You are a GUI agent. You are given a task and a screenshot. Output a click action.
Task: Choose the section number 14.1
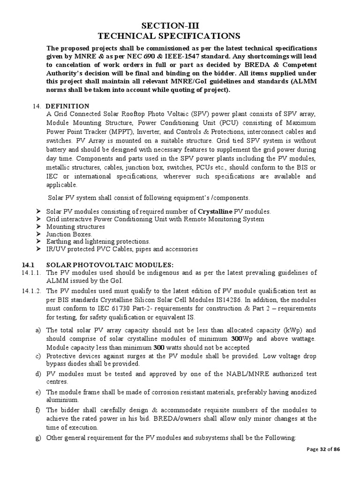point(28,264)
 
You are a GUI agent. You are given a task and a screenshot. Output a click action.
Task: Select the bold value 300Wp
point(240,338)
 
